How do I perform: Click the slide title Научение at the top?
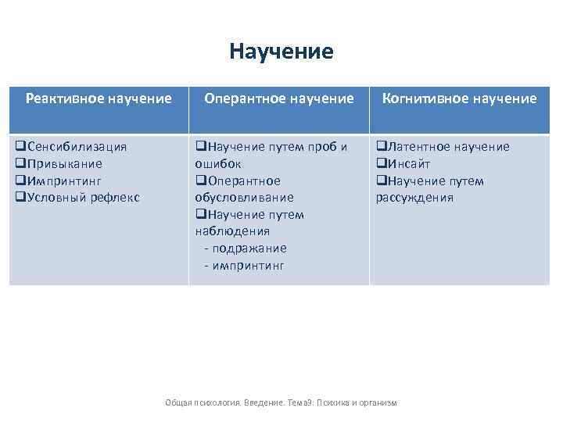281,52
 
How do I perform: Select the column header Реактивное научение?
99,98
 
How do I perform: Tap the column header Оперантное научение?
279,98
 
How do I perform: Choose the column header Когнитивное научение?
459,98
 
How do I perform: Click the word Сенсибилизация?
77,147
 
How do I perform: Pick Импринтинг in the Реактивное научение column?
66,181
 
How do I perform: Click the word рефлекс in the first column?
114,198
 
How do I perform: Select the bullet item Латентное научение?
447,147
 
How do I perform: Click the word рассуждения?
414,198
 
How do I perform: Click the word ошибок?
218,164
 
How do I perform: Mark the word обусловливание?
244,198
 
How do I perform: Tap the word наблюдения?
232,231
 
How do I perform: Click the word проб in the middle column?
323,147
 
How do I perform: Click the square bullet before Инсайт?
382,164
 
